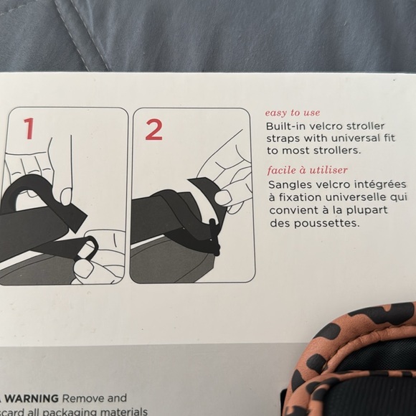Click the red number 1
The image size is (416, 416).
pos(29,129)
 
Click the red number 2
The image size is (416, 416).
pos(153,130)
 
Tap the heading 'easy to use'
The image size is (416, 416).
pos(293,113)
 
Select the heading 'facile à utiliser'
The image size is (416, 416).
pos(307,170)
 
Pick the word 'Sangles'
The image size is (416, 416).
pos(288,184)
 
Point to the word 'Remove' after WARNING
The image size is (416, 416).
pos(83,398)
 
